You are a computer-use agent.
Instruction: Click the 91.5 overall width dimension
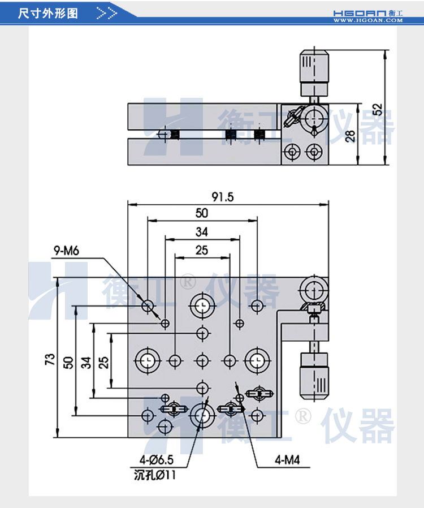coord(223,197)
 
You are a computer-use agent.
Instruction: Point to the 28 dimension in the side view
coord(350,136)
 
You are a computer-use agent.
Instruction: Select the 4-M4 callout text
coord(287,459)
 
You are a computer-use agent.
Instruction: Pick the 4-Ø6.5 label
coord(154,459)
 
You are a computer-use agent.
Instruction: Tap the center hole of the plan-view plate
coord(202,359)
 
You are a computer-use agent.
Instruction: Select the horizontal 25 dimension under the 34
coord(202,249)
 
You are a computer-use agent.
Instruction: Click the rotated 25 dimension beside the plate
coord(104,361)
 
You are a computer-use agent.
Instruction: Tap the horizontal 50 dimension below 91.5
coord(202,213)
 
